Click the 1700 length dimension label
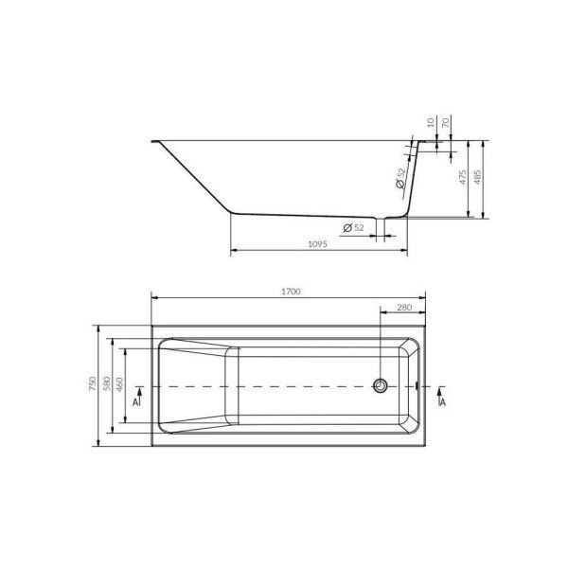click(x=292, y=293)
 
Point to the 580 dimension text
click(x=107, y=383)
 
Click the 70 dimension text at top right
click(x=447, y=124)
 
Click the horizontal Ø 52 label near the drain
click(x=351, y=227)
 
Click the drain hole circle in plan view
click(x=380, y=385)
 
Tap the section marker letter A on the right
click(x=443, y=401)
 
